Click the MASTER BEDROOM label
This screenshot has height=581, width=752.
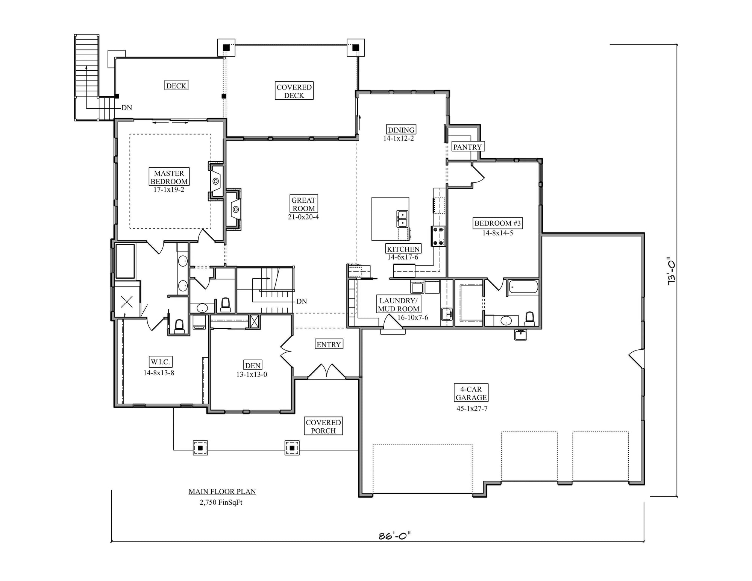pyautogui.click(x=169, y=177)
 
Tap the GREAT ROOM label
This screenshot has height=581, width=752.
pyautogui.click(x=303, y=204)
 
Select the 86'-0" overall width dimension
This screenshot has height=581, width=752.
pyautogui.click(x=395, y=535)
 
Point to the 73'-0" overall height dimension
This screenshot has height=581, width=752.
pyautogui.click(x=671, y=271)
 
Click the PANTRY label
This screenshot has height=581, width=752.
pyautogui.click(x=467, y=147)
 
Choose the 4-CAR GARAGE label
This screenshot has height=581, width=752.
pyautogui.click(x=471, y=393)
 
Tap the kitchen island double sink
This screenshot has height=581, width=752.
pyautogui.click(x=402, y=219)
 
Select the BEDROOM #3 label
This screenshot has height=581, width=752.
pyautogui.click(x=497, y=223)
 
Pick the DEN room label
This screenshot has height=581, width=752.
pyautogui.click(x=253, y=366)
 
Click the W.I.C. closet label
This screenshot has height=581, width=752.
pyautogui.click(x=161, y=362)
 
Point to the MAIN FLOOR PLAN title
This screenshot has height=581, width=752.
pyautogui.click(x=222, y=491)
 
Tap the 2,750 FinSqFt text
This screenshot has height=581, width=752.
pyautogui.click(x=221, y=502)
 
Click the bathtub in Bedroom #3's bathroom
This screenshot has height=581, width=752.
pyautogui.click(x=523, y=287)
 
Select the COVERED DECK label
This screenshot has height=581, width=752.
pyautogui.click(x=294, y=91)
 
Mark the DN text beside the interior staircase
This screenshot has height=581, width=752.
pyautogui.click(x=302, y=301)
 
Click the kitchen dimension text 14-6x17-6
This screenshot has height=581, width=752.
pyautogui.click(x=403, y=257)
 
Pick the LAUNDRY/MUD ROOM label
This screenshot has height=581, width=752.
pyautogui.click(x=399, y=305)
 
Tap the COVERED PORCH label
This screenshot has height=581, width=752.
pyautogui.click(x=323, y=426)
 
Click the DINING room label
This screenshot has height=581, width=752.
pyautogui.click(x=401, y=130)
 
